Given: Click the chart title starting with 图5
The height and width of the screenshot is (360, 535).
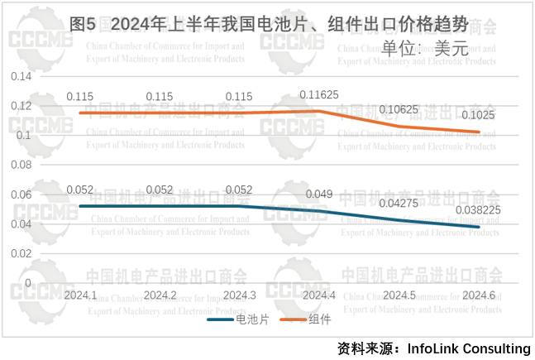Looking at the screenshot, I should tap(270, 22).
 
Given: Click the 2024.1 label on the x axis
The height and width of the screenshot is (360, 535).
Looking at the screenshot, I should tap(80, 295).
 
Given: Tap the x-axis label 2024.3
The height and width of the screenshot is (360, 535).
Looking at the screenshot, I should tap(239, 295).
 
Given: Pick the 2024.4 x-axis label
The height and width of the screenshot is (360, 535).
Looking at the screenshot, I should tap(318, 295).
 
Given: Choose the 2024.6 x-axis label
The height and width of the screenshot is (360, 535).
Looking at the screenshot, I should tap(479, 295).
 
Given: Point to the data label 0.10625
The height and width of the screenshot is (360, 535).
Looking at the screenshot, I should tap(399, 109).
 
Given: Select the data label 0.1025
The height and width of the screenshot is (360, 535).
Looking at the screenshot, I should tap(478, 115).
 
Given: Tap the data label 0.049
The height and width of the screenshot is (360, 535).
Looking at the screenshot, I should tap(319, 194).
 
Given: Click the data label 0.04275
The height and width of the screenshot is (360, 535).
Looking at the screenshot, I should tap(399, 204).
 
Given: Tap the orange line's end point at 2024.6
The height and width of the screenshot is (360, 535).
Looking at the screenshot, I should tap(479, 132).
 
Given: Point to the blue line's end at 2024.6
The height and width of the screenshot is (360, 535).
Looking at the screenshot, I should tap(479, 227).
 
